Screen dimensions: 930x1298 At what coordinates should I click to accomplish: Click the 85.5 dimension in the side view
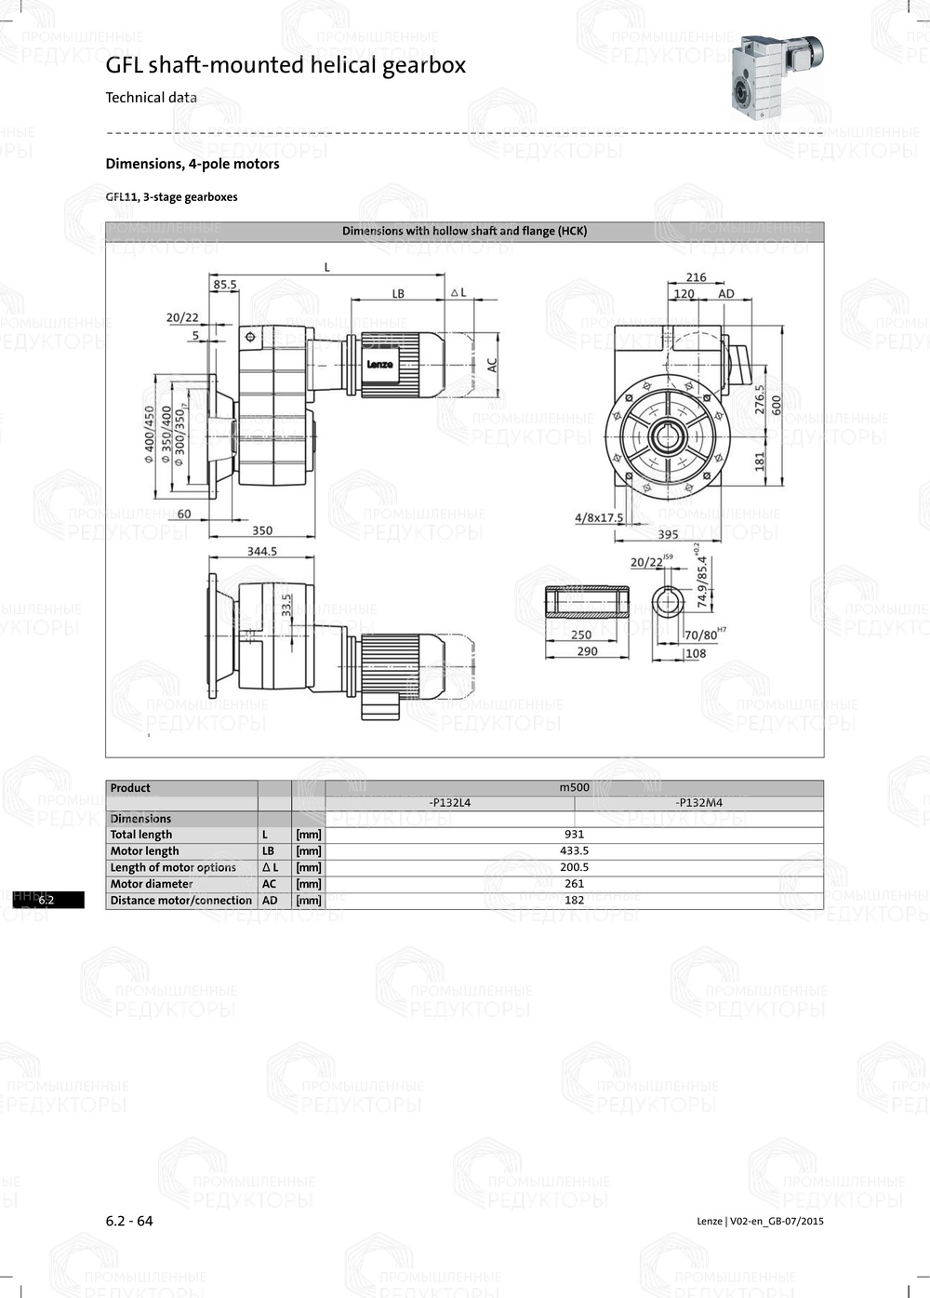tap(224, 285)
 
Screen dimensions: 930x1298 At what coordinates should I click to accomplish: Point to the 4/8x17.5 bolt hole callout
tap(599, 517)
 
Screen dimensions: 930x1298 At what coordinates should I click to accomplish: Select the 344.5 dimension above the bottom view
tap(262, 551)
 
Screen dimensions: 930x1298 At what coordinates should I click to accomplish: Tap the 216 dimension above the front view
tap(696, 277)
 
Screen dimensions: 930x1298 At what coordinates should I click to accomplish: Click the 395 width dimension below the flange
tap(668, 534)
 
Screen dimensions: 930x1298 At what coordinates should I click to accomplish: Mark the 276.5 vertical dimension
tap(760, 399)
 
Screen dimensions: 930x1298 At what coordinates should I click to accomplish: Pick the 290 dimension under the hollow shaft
tap(587, 651)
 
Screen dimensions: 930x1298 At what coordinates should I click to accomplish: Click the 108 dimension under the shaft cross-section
tap(695, 653)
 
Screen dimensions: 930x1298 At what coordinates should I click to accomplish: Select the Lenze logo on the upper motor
tap(379, 365)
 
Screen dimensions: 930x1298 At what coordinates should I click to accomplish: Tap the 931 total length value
tap(574, 835)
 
